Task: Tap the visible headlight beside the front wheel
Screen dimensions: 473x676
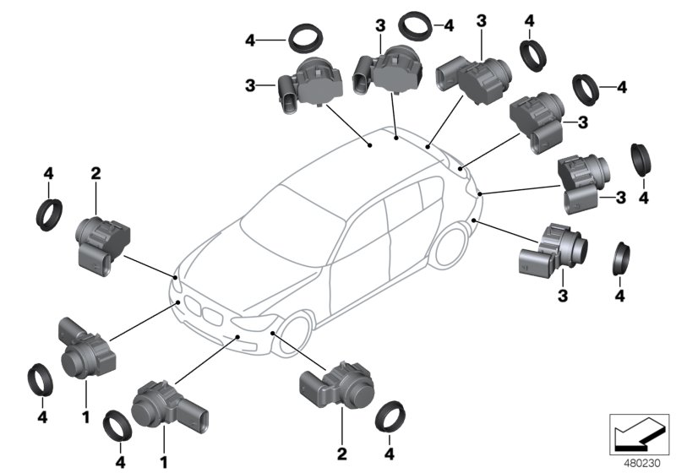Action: pyautogui.click(x=257, y=324)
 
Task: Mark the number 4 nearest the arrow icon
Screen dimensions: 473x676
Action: pyautogui.click(x=619, y=295)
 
